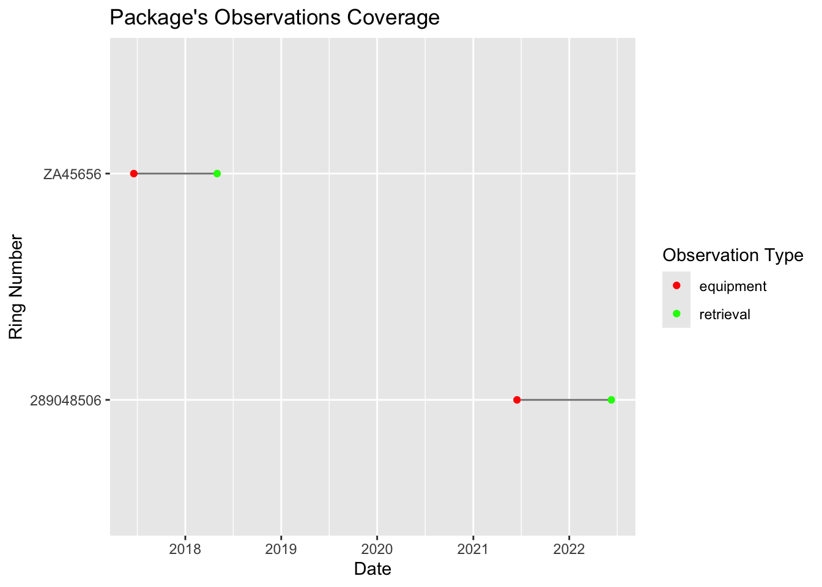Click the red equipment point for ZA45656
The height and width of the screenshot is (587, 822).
click(133, 174)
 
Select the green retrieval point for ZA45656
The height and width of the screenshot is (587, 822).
click(217, 174)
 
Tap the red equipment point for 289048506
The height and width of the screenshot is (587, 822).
click(517, 400)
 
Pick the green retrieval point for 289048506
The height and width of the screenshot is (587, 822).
click(611, 400)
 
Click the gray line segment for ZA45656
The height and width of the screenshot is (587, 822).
click(175, 174)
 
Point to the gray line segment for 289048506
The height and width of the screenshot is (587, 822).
click(564, 400)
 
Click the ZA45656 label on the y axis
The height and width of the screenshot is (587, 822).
click(72, 174)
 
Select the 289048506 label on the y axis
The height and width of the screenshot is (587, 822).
click(66, 401)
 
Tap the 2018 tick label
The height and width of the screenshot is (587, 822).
click(185, 548)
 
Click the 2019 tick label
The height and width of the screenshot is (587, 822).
click(281, 548)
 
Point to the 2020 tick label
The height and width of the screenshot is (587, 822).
click(377, 548)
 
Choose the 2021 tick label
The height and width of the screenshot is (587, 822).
click(473, 548)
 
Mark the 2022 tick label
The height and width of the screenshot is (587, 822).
click(569, 548)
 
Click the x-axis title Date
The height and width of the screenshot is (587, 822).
click(372, 569)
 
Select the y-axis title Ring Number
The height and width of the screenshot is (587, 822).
click(17, 287)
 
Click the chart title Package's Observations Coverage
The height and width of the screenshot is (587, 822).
click(274, 18)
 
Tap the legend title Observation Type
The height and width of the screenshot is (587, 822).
click(733, 255)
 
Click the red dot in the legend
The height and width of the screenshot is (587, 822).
click(676, 286)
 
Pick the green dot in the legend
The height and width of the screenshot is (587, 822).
click(676, 314)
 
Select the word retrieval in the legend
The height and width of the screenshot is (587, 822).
click(725, 315)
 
